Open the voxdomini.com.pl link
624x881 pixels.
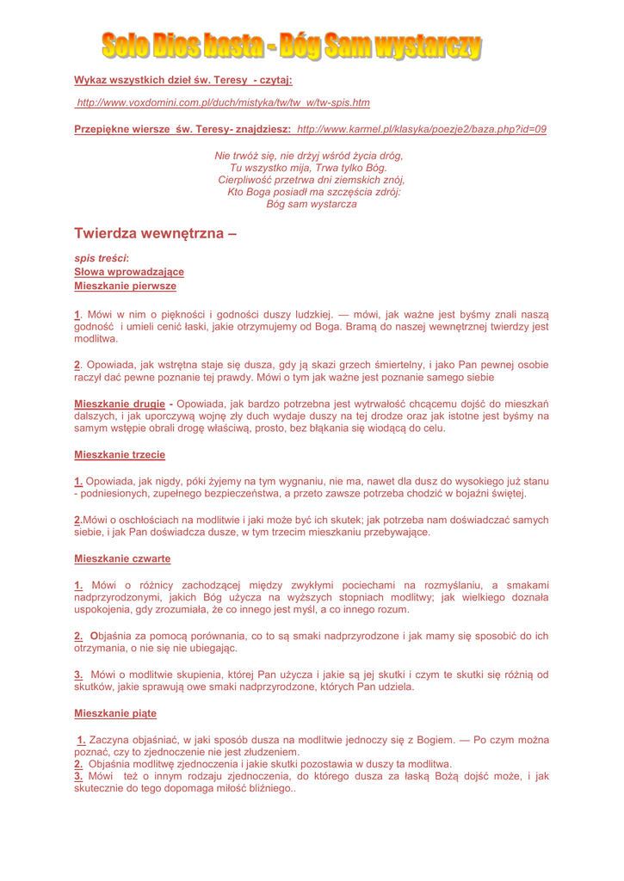point(223,102)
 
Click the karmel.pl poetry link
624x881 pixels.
point(421,128)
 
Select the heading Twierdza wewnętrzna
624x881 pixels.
point(154,233)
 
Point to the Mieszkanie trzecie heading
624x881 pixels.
point(120,453)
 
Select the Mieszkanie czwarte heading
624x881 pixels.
point(122,558)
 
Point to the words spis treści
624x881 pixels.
point(102,258)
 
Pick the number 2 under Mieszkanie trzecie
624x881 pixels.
point(78,520)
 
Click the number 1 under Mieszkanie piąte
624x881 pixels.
point(81,740)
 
